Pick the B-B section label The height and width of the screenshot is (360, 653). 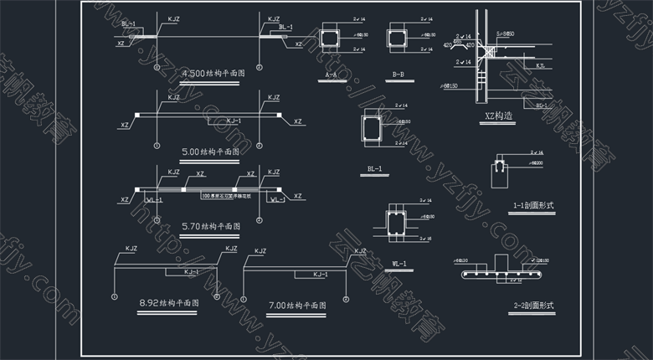(x=398, y=75)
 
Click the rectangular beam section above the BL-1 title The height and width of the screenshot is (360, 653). (x=372, y=132)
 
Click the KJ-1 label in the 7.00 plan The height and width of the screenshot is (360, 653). (x=321, y=275)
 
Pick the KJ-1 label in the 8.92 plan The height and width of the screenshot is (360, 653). (x=191, y=272)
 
